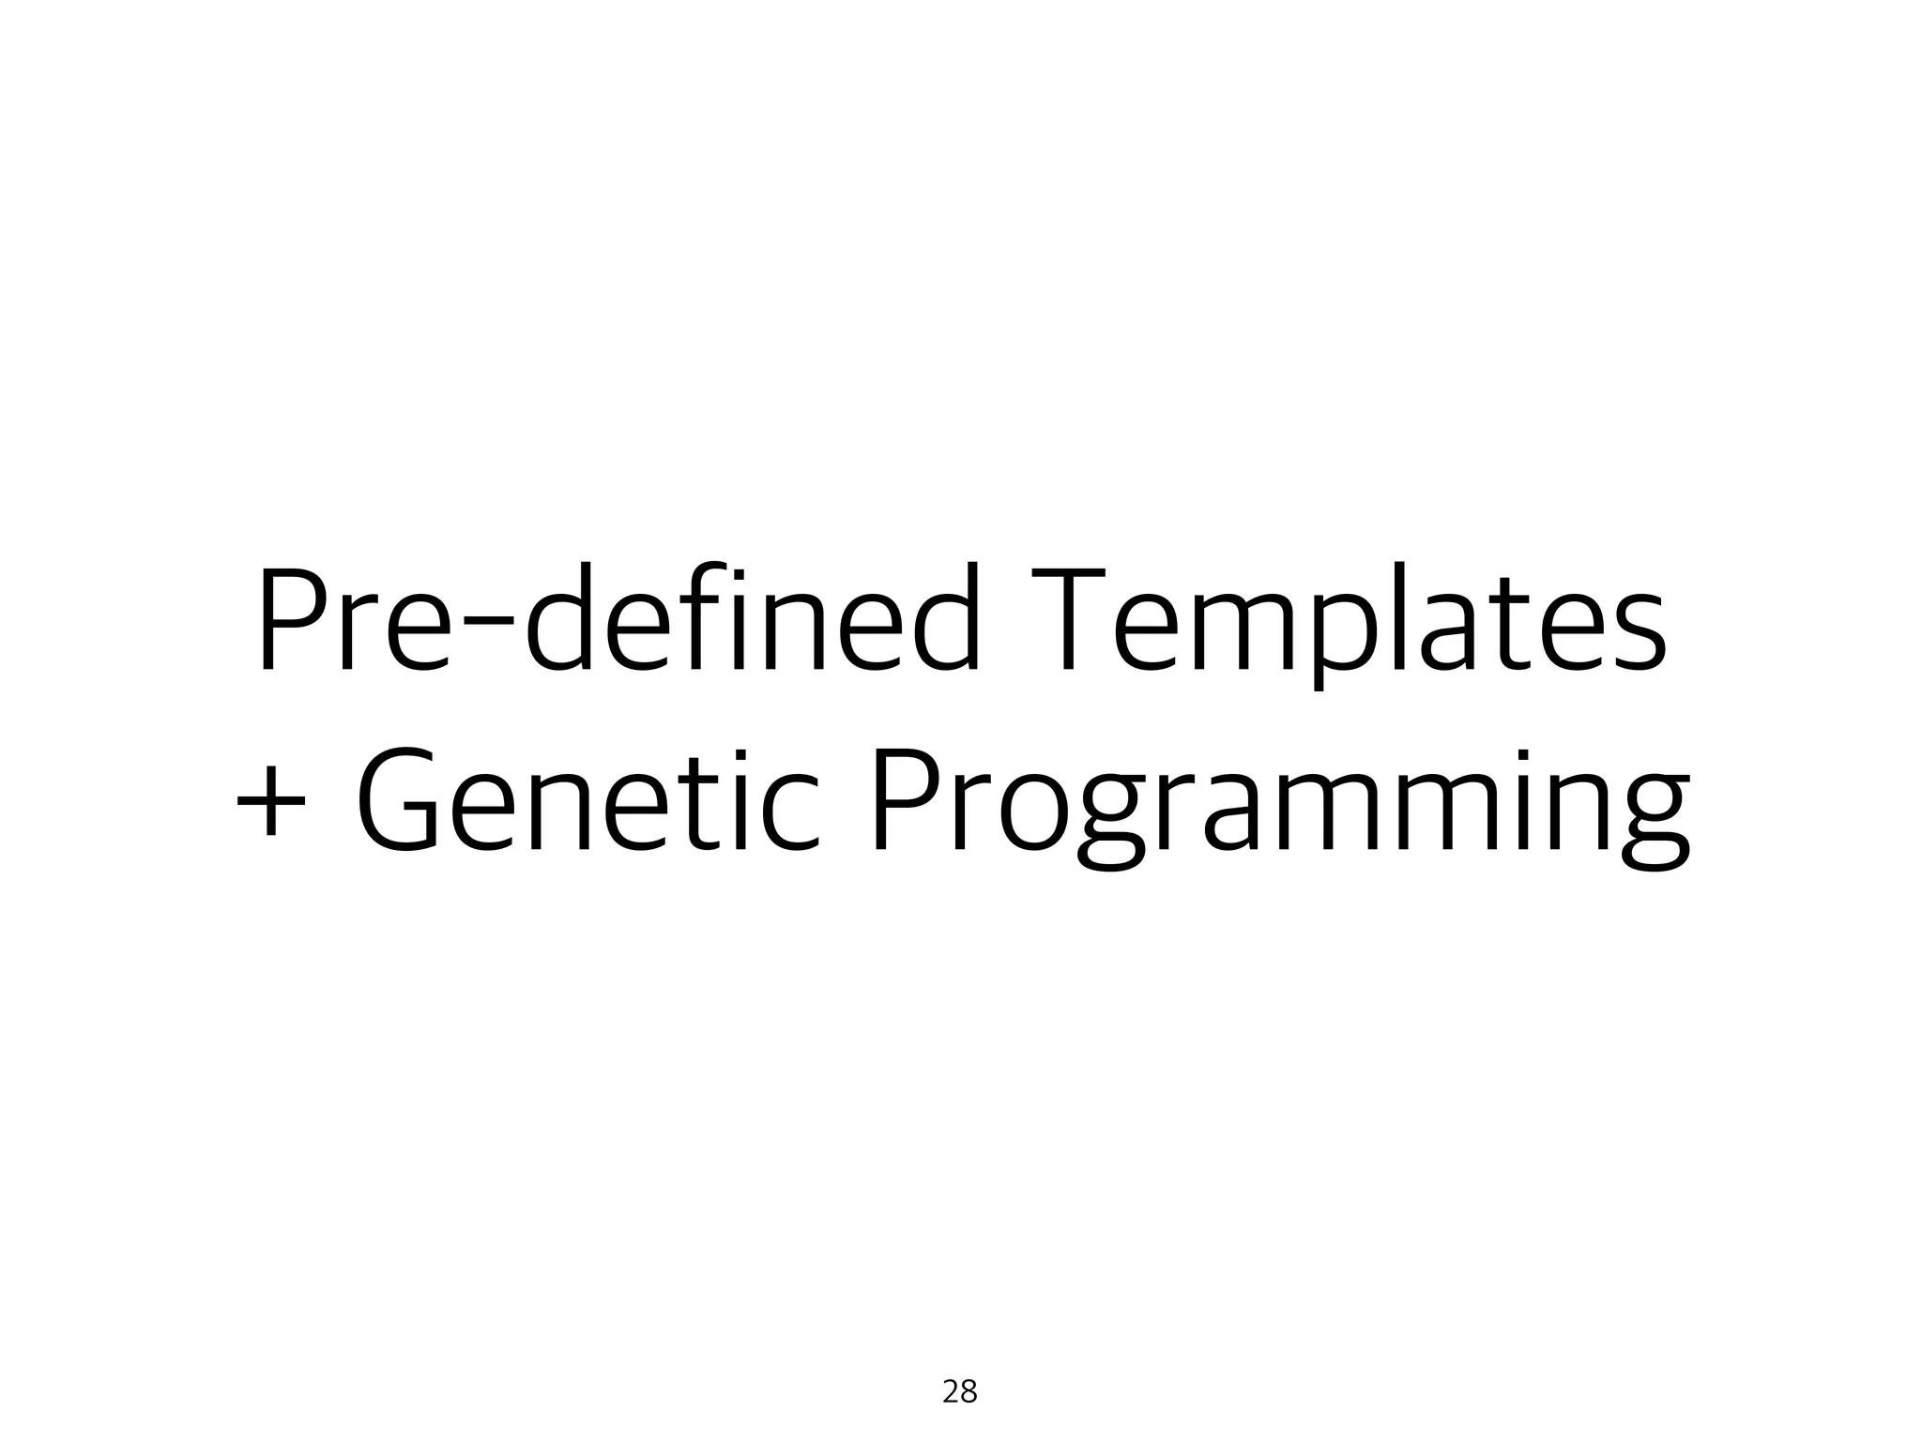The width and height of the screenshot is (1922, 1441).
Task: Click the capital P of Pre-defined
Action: (x=291, y=619)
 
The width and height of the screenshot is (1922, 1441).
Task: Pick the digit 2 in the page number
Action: (x=950, y=1392)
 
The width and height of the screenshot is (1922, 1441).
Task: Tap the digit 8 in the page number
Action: (x=969, y=1392)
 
